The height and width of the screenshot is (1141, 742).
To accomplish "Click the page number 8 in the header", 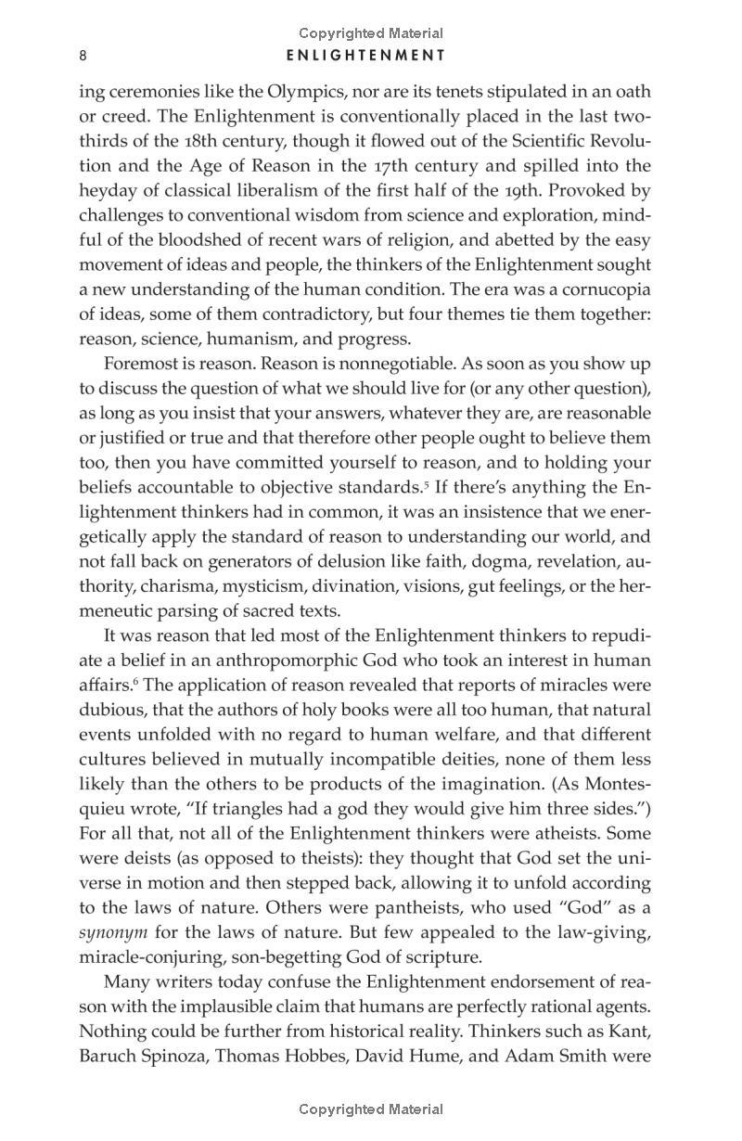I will tap(83, 56).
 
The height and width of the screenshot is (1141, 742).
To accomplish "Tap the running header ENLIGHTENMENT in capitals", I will tap(366, 56).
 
